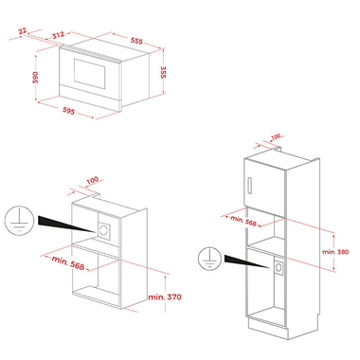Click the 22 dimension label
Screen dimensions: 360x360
tap(23, 31)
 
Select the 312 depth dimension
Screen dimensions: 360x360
tap(58, 35)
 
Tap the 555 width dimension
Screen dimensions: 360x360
tap(136, 41)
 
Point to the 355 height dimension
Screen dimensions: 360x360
tap(163, 72)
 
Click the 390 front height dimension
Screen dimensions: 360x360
tap(35, 78)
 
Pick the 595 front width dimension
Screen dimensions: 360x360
tap(69, 111)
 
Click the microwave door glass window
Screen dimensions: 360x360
tap(89, 74)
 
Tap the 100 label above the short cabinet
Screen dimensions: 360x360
tap(92, 180)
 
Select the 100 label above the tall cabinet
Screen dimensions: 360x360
tap(276, 136)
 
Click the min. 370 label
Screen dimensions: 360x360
tap(165, 297)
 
